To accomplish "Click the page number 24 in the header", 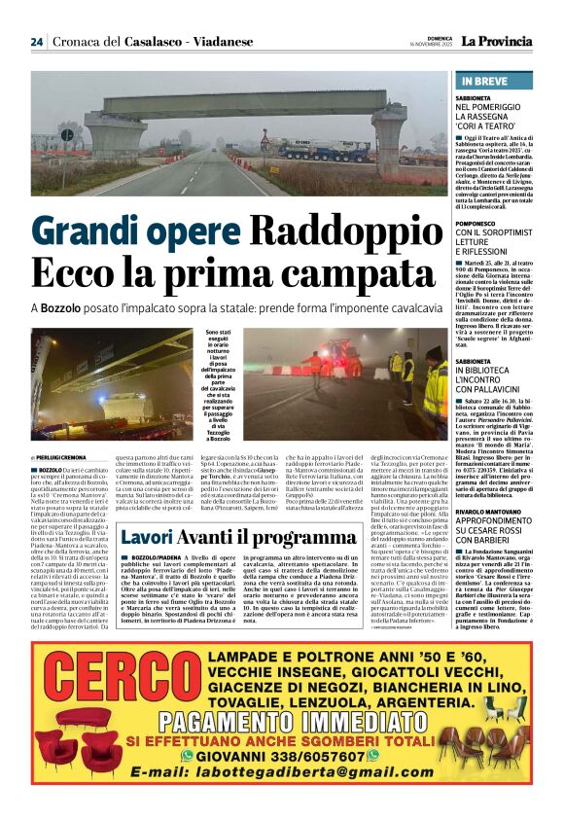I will pos(36,42).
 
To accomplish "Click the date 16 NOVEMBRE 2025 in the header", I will pos(437,45).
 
